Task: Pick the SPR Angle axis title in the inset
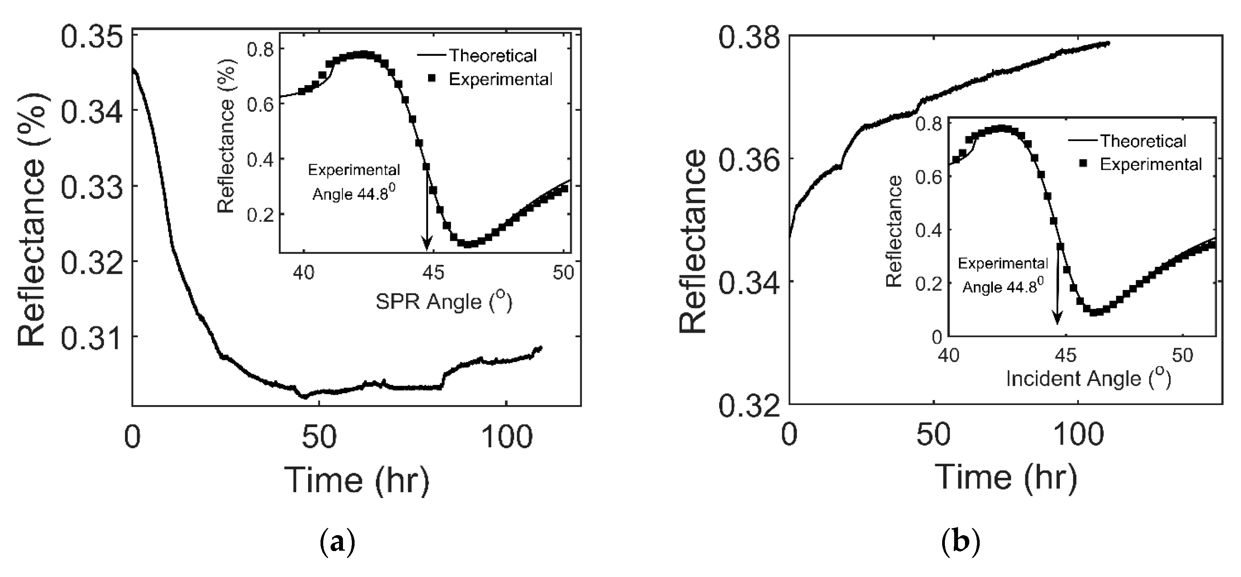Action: click(x=444, y=302)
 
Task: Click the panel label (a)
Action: click(x=337, y=542)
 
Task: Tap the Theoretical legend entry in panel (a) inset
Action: click(x=492, y=56)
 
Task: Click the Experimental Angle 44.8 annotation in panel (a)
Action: click(x=354, y=182)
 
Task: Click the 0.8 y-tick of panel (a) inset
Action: click(x=260, y=50)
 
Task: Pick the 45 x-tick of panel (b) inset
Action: click(x=1065, y=356)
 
